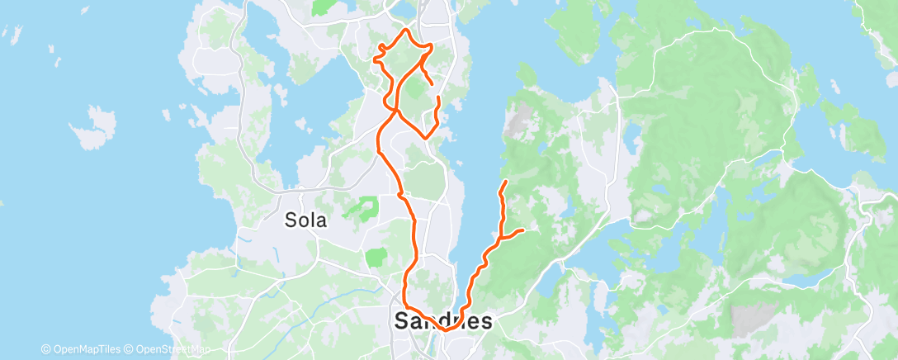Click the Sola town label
[305, 220]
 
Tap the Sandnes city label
[443, 321]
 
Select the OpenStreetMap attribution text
[172, 349]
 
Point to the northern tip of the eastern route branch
[505, 180]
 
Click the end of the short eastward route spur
[523, 230]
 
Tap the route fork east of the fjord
[501, 238]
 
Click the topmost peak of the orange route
[405, 30]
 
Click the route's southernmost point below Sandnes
[446, 329]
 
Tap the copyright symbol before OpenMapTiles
[46, 349]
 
